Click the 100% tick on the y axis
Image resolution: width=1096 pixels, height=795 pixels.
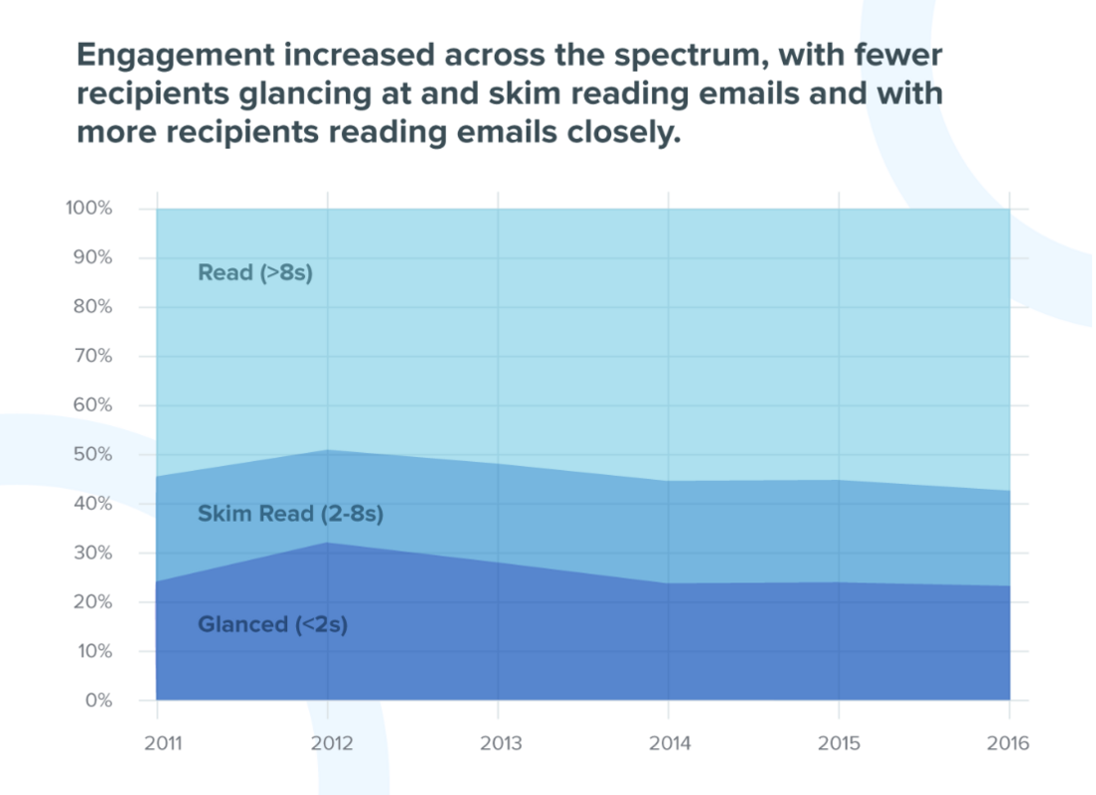(89, 209)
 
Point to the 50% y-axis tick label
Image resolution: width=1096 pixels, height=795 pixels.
(92, 455)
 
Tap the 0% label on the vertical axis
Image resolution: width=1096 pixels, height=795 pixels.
(97, 701)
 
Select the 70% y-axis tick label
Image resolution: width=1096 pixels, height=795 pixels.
(92, 357)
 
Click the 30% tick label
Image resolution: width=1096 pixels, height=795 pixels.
(92, 554)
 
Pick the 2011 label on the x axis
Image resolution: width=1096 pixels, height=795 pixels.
(156, 743)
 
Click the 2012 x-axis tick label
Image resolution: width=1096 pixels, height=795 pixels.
(327, 743)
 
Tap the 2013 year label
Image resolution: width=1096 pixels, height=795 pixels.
(498, 743)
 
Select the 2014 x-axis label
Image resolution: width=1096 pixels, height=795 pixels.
(669, 743)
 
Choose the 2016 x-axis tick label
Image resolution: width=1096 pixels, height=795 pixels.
(1010, 743)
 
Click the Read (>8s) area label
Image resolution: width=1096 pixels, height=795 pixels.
(255, 272)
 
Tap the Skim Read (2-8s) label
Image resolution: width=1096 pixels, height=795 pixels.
(290, 515)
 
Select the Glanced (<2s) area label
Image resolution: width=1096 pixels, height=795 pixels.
(272, 625)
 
